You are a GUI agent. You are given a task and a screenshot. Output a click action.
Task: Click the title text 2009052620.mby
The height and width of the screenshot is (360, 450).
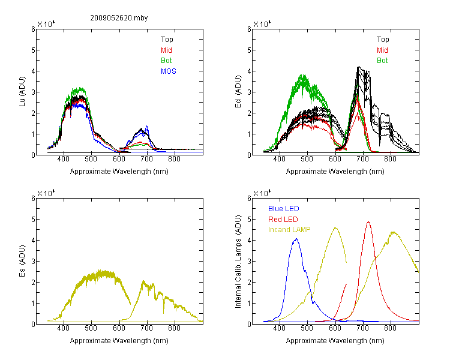pyautogui.click(x=119, y=18)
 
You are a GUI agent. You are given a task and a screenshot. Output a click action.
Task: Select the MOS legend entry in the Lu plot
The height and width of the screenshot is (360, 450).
pyautogui.click(x=169, y=71)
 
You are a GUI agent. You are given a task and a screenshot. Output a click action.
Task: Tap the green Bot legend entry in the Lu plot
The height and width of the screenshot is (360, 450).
pyautogui.click(x=166, y=61)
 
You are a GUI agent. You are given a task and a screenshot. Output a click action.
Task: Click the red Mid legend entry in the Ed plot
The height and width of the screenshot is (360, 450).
pyautogui.click(x=382, y=50)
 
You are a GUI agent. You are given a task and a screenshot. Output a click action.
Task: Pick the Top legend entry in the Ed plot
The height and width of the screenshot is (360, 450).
pyautogui.click(x=383, y=40)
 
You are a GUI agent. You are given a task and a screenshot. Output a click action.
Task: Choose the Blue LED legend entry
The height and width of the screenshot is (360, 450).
pyautogui.click(x=284, y=209)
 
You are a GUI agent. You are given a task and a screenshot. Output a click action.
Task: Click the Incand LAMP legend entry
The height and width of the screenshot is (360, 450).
pyautogui.click(x=289, y=230)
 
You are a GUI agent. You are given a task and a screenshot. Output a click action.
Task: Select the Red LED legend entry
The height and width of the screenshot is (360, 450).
pyautogui.click(x=283, y=220)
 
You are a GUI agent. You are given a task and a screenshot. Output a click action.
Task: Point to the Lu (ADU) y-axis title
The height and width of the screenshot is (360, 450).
pyautogui.click(x=22, y=92)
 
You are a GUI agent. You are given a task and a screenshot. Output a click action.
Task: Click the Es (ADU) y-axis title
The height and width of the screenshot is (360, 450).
pyautogui.click(x=22, y=261)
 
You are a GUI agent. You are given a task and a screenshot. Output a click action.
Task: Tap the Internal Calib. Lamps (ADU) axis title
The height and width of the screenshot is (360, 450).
pyautogui.click(x=238, y=262)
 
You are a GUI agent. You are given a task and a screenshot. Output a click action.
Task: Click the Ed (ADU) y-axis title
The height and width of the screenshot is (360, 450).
pyautogui.click(x=238, y=92)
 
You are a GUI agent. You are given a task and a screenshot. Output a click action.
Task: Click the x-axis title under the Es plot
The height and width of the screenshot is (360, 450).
pyautogui.click(x=119, y=341)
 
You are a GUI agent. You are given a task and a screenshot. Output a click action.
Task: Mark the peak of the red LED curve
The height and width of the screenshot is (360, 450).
pyautogui.click(x=368, y=222)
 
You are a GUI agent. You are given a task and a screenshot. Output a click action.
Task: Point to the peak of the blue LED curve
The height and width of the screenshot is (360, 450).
pyautogui.click(x=296, y=239)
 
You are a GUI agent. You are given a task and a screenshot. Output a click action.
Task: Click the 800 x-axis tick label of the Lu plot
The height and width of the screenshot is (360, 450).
pyautogui.click(x=174, y=159)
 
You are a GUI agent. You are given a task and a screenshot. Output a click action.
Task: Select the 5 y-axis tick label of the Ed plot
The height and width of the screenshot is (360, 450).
pyautogui.click(x=249, y=50)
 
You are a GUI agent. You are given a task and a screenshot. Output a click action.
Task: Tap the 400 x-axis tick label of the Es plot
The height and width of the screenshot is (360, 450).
pyautogui.click(x=64, y=328)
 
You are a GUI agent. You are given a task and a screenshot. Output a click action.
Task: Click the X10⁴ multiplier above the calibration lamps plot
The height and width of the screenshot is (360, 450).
pyautogui.click(x=262, y=193)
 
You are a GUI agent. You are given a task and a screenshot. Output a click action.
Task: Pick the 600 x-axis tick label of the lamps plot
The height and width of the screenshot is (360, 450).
pyautogui.click(x=335, y=328)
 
